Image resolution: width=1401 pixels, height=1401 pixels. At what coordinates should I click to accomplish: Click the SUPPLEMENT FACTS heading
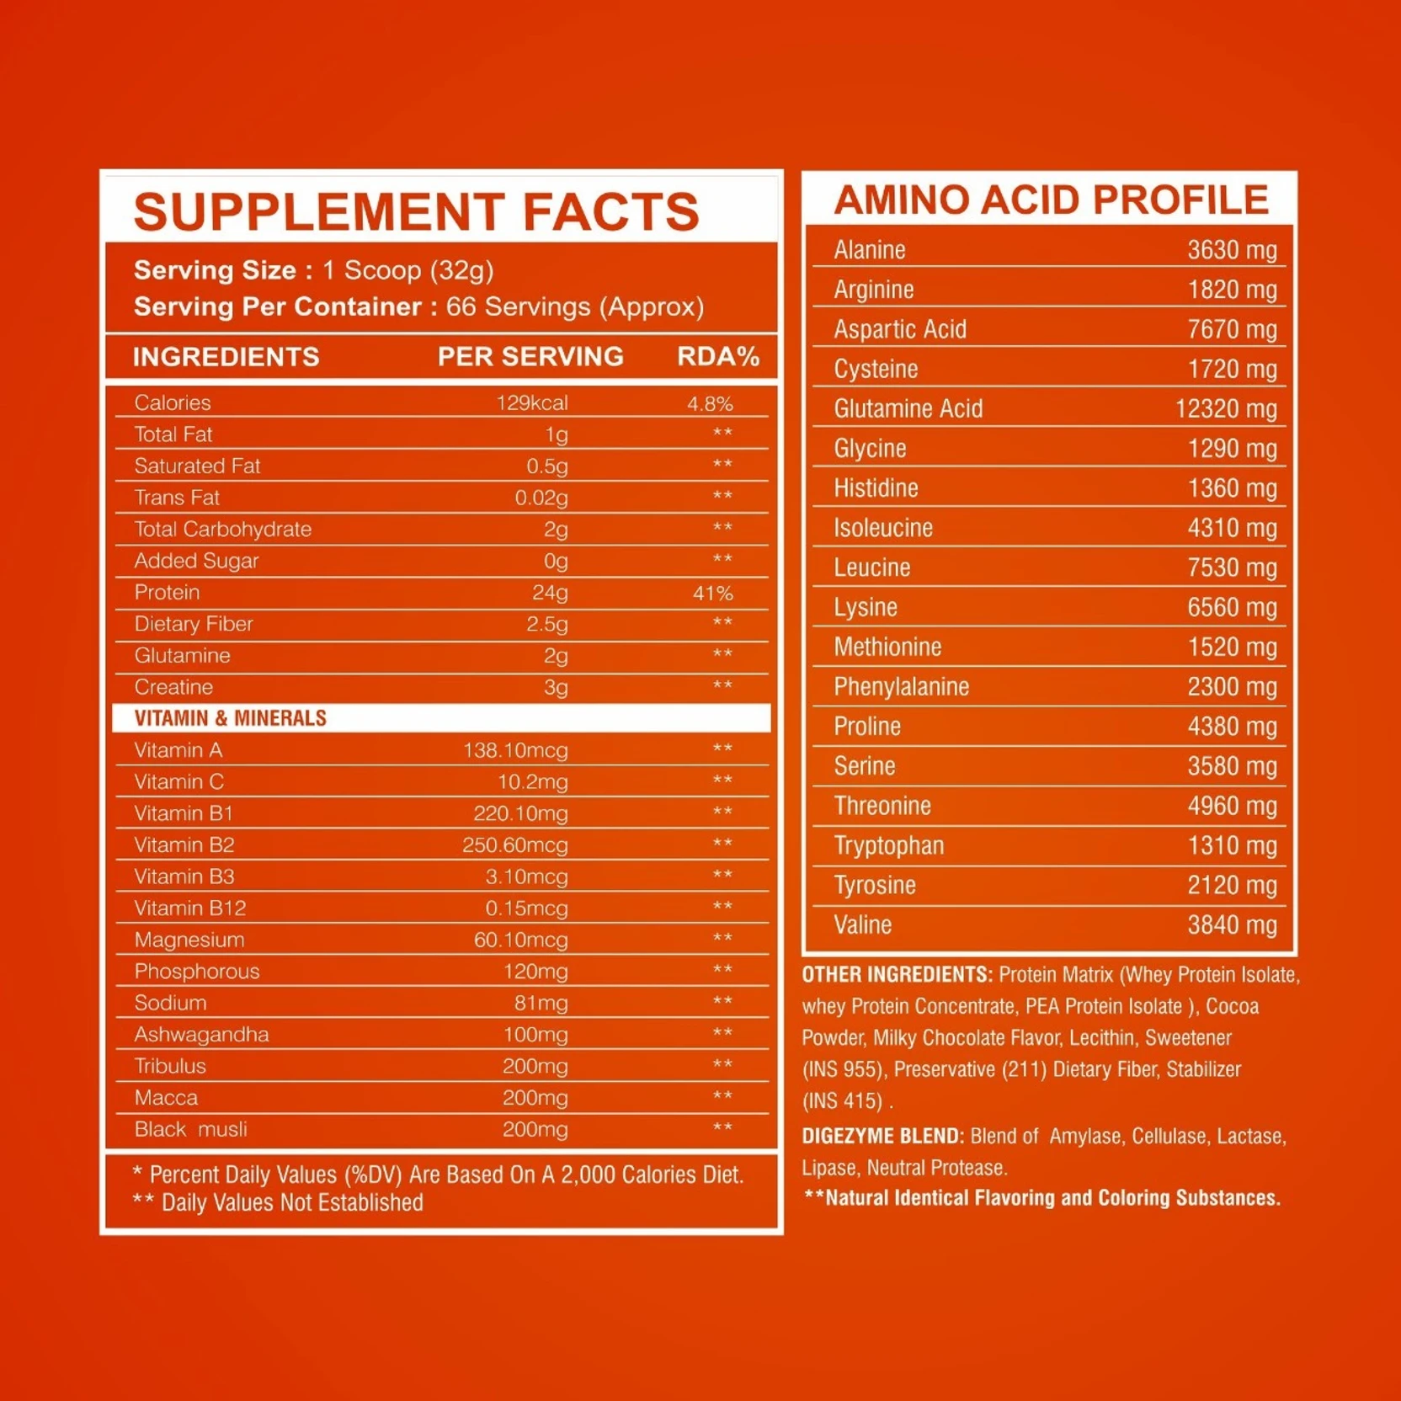coord(416,211)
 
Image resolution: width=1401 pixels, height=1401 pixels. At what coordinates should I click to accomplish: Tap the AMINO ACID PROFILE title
coord(1051,200)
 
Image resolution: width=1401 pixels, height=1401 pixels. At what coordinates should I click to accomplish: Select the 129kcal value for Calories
coord(531,403)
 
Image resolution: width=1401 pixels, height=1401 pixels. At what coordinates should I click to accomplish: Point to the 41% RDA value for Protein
coord(712,593)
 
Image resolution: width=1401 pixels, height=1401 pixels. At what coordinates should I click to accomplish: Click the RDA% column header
coord(718,357)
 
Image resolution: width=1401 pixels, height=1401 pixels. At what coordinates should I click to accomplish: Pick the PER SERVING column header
coord(530,357)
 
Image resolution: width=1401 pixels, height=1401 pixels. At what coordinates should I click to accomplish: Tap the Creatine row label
coord(173,687)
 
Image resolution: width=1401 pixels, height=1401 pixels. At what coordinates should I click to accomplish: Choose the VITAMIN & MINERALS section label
coord(230,718)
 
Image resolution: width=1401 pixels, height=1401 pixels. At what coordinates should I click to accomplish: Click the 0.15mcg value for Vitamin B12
coord(526,908)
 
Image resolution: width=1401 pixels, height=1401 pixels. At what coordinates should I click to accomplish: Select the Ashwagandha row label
coord(201,1035)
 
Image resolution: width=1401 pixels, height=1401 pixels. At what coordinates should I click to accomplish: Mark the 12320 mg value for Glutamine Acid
coord(1225,409)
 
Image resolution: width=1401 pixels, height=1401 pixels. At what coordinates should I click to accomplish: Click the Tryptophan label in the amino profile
coord(888,845)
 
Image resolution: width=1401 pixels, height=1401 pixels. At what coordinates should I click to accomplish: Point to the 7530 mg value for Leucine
coord(1232,567)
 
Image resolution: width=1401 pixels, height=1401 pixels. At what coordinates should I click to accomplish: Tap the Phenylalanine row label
coord(901,687)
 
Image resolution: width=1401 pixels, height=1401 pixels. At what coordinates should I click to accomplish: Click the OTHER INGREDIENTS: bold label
coord(897,975)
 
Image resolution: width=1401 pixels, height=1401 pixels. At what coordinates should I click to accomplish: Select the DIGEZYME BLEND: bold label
coord(882,1137)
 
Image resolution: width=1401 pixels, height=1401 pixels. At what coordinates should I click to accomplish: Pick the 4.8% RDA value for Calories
coord(710,403)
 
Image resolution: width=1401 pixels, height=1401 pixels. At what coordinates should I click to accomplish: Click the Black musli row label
coord(190,1129)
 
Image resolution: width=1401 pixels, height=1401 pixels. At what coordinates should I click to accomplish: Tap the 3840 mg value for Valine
coord(1232,925)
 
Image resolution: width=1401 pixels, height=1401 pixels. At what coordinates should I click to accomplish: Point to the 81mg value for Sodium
coord(541,1003)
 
